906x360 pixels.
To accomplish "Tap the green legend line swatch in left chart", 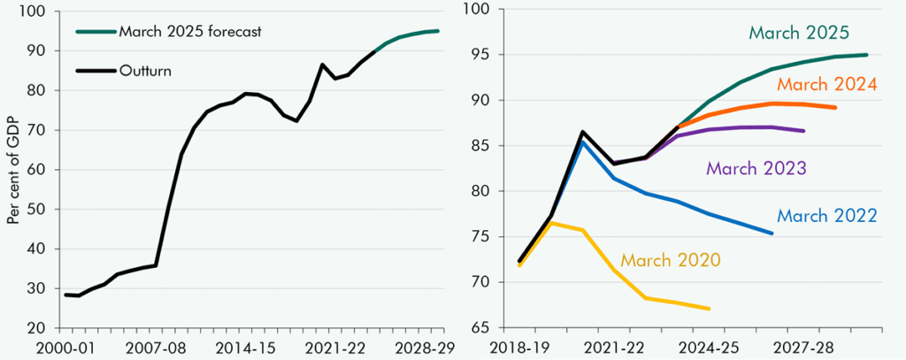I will (93, 32).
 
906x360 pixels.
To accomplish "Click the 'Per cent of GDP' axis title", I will (13, 169).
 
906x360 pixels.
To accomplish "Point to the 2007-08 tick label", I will (164, 346).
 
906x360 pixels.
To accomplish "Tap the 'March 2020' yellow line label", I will (670, 260).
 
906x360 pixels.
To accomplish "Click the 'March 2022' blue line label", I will (826, 215).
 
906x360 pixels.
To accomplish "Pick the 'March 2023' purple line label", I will (756, 167).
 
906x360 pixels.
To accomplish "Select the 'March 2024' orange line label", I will (826, 85).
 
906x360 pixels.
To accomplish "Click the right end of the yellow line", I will (710, 309).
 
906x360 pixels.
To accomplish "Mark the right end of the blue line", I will (772, 234).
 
